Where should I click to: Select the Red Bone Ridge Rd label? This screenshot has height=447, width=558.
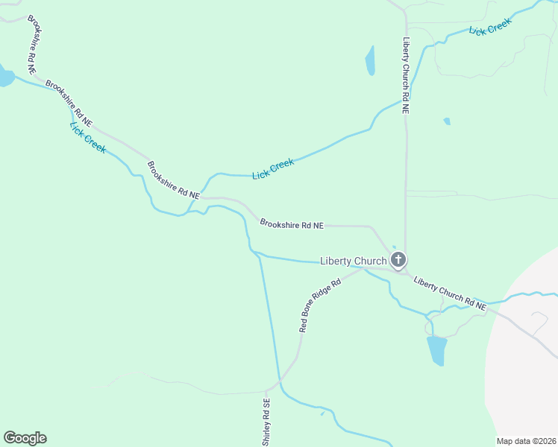[320, 305]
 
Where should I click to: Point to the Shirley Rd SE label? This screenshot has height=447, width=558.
[266, 422]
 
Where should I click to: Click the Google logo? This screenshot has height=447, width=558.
[25, 438]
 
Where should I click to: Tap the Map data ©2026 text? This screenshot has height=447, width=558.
[525, 441]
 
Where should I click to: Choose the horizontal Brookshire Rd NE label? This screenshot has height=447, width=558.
[292, 223]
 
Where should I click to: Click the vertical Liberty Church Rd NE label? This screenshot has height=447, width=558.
[406, 74]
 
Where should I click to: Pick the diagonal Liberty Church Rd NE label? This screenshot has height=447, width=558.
[450, 293]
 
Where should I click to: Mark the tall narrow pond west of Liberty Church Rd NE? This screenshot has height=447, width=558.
[370, 60]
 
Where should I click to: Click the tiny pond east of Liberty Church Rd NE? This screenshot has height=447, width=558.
[447, 121]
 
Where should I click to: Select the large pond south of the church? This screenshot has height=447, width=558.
[436, 350]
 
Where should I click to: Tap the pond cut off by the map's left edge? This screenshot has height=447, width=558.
[5, 77]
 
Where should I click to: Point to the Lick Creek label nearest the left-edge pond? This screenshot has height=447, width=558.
[87, 137]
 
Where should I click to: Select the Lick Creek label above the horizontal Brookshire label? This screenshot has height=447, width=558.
[273, 169]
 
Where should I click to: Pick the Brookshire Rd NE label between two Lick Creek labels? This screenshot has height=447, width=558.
[173, 179]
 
